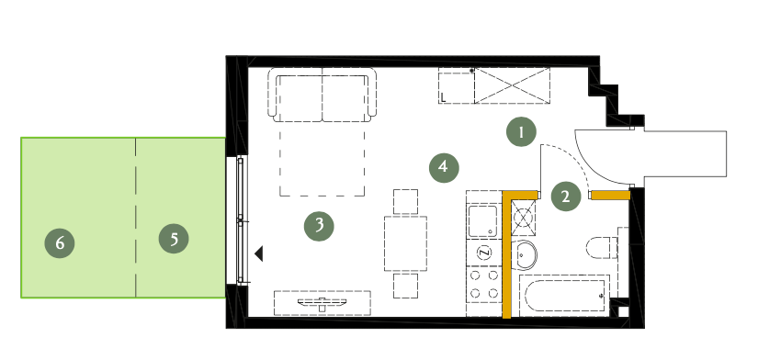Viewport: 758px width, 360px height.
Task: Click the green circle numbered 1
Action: [521, 132]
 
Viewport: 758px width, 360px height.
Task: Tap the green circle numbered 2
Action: [566, 197]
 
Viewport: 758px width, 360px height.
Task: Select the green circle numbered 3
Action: [319, 226]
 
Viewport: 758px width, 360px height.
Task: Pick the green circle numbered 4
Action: [444, 167]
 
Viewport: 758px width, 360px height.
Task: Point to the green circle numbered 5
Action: [174, 238]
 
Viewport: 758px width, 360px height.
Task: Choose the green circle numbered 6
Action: [60, 242]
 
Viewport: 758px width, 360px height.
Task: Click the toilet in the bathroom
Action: [603, 248]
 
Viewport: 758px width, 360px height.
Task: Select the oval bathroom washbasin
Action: [526, 254]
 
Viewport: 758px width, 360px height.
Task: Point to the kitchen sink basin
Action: [483, 221]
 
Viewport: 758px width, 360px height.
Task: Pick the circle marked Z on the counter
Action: [483, 253]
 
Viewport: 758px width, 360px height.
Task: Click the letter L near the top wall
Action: [443, 97]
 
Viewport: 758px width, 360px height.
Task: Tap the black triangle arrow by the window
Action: [258, 253]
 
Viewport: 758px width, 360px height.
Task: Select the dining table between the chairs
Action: [405, 243]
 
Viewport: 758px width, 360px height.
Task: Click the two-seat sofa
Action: [322, 95]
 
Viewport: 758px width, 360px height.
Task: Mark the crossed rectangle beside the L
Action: [512, 85]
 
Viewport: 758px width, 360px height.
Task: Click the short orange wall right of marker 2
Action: [611, 196]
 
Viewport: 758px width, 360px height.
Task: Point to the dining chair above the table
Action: [405, 201]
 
